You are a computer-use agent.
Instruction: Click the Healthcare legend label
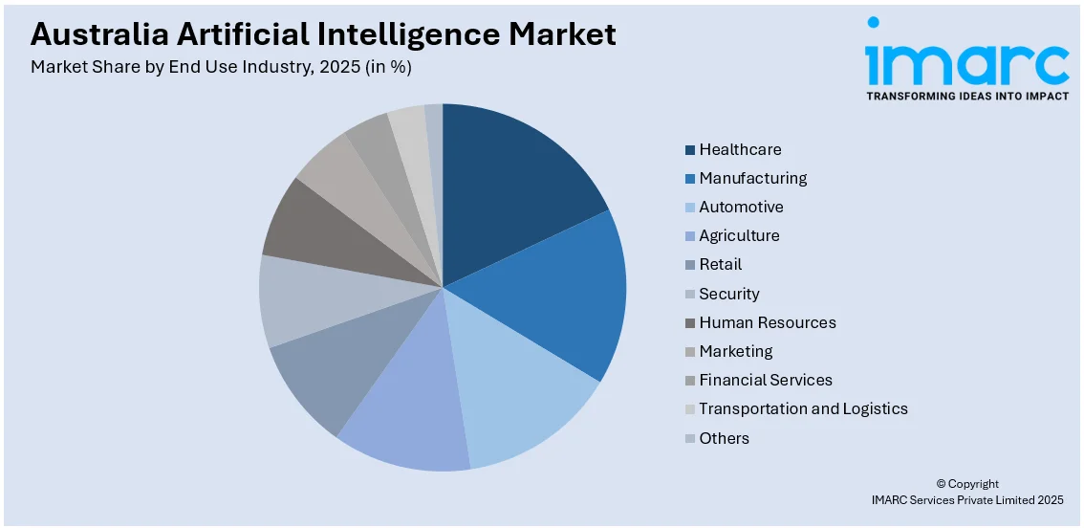[x=740, y=149]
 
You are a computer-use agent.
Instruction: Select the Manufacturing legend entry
[x=752, y=178]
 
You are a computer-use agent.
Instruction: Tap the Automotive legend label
[x=741, y=207]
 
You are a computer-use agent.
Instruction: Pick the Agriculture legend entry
[x=739, y=235]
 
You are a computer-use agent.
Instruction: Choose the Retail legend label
[x=720, y=264]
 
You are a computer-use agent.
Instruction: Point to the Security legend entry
[x=728, y=294]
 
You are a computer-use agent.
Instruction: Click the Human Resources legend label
[x=767, y=322]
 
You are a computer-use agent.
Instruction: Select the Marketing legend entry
[x=735, y=351]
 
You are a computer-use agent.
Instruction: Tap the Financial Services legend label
[x=765, y=380]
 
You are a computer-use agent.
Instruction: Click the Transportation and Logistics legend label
[x=803, y=408]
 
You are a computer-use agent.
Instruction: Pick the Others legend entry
[x=724, y=438]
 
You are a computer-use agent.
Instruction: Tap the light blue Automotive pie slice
[x=526, y=392]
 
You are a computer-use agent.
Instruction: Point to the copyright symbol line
[x=966, y=484]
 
